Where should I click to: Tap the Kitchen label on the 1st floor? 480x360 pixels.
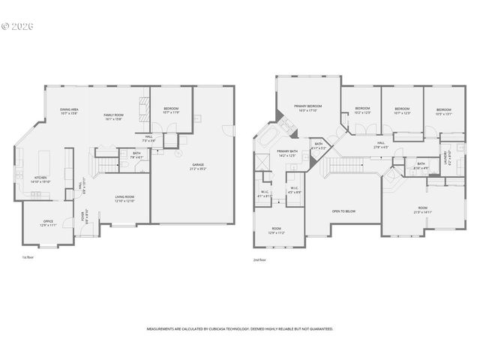click(x=40, y=180)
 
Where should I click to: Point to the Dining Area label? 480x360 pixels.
click(x=70, y=112)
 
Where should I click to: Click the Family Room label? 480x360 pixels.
click(x=114, y=116)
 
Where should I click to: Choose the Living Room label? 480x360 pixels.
click(x=124, y=199)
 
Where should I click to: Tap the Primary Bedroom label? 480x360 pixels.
click(x=308, y=109)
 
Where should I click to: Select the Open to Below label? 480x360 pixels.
click(x=343, y=211)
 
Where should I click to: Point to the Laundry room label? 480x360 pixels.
click(x=447, y=157)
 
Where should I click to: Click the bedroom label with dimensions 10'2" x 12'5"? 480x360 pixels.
click(x=363, y=111)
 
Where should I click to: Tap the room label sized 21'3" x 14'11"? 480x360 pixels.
click(x=422, y=210)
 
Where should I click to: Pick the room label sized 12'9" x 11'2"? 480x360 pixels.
click(x=277, y=231)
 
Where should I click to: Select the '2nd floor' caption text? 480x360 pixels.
click(x=260, y=259)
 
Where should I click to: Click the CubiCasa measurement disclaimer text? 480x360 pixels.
click(x=240, y=328)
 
